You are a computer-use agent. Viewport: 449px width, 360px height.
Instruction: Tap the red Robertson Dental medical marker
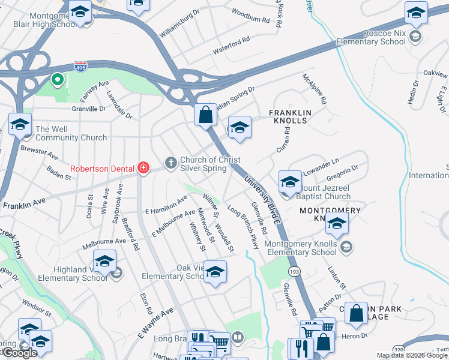pyautogui.click(x=143, y=169)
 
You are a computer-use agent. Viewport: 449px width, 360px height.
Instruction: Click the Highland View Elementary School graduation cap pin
pyautogui.click(x=104, y=262)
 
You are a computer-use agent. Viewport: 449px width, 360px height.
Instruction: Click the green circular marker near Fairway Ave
pyautogui.click(x=58, y=79)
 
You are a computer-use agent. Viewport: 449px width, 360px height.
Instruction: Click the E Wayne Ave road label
pyautogui.click(x=155, y=322)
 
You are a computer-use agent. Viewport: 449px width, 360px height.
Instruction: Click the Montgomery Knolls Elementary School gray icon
pyautogui.click(x=346, y=247)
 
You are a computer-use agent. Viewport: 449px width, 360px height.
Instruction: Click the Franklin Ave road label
pyautogui.click(x=24, y=205)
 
